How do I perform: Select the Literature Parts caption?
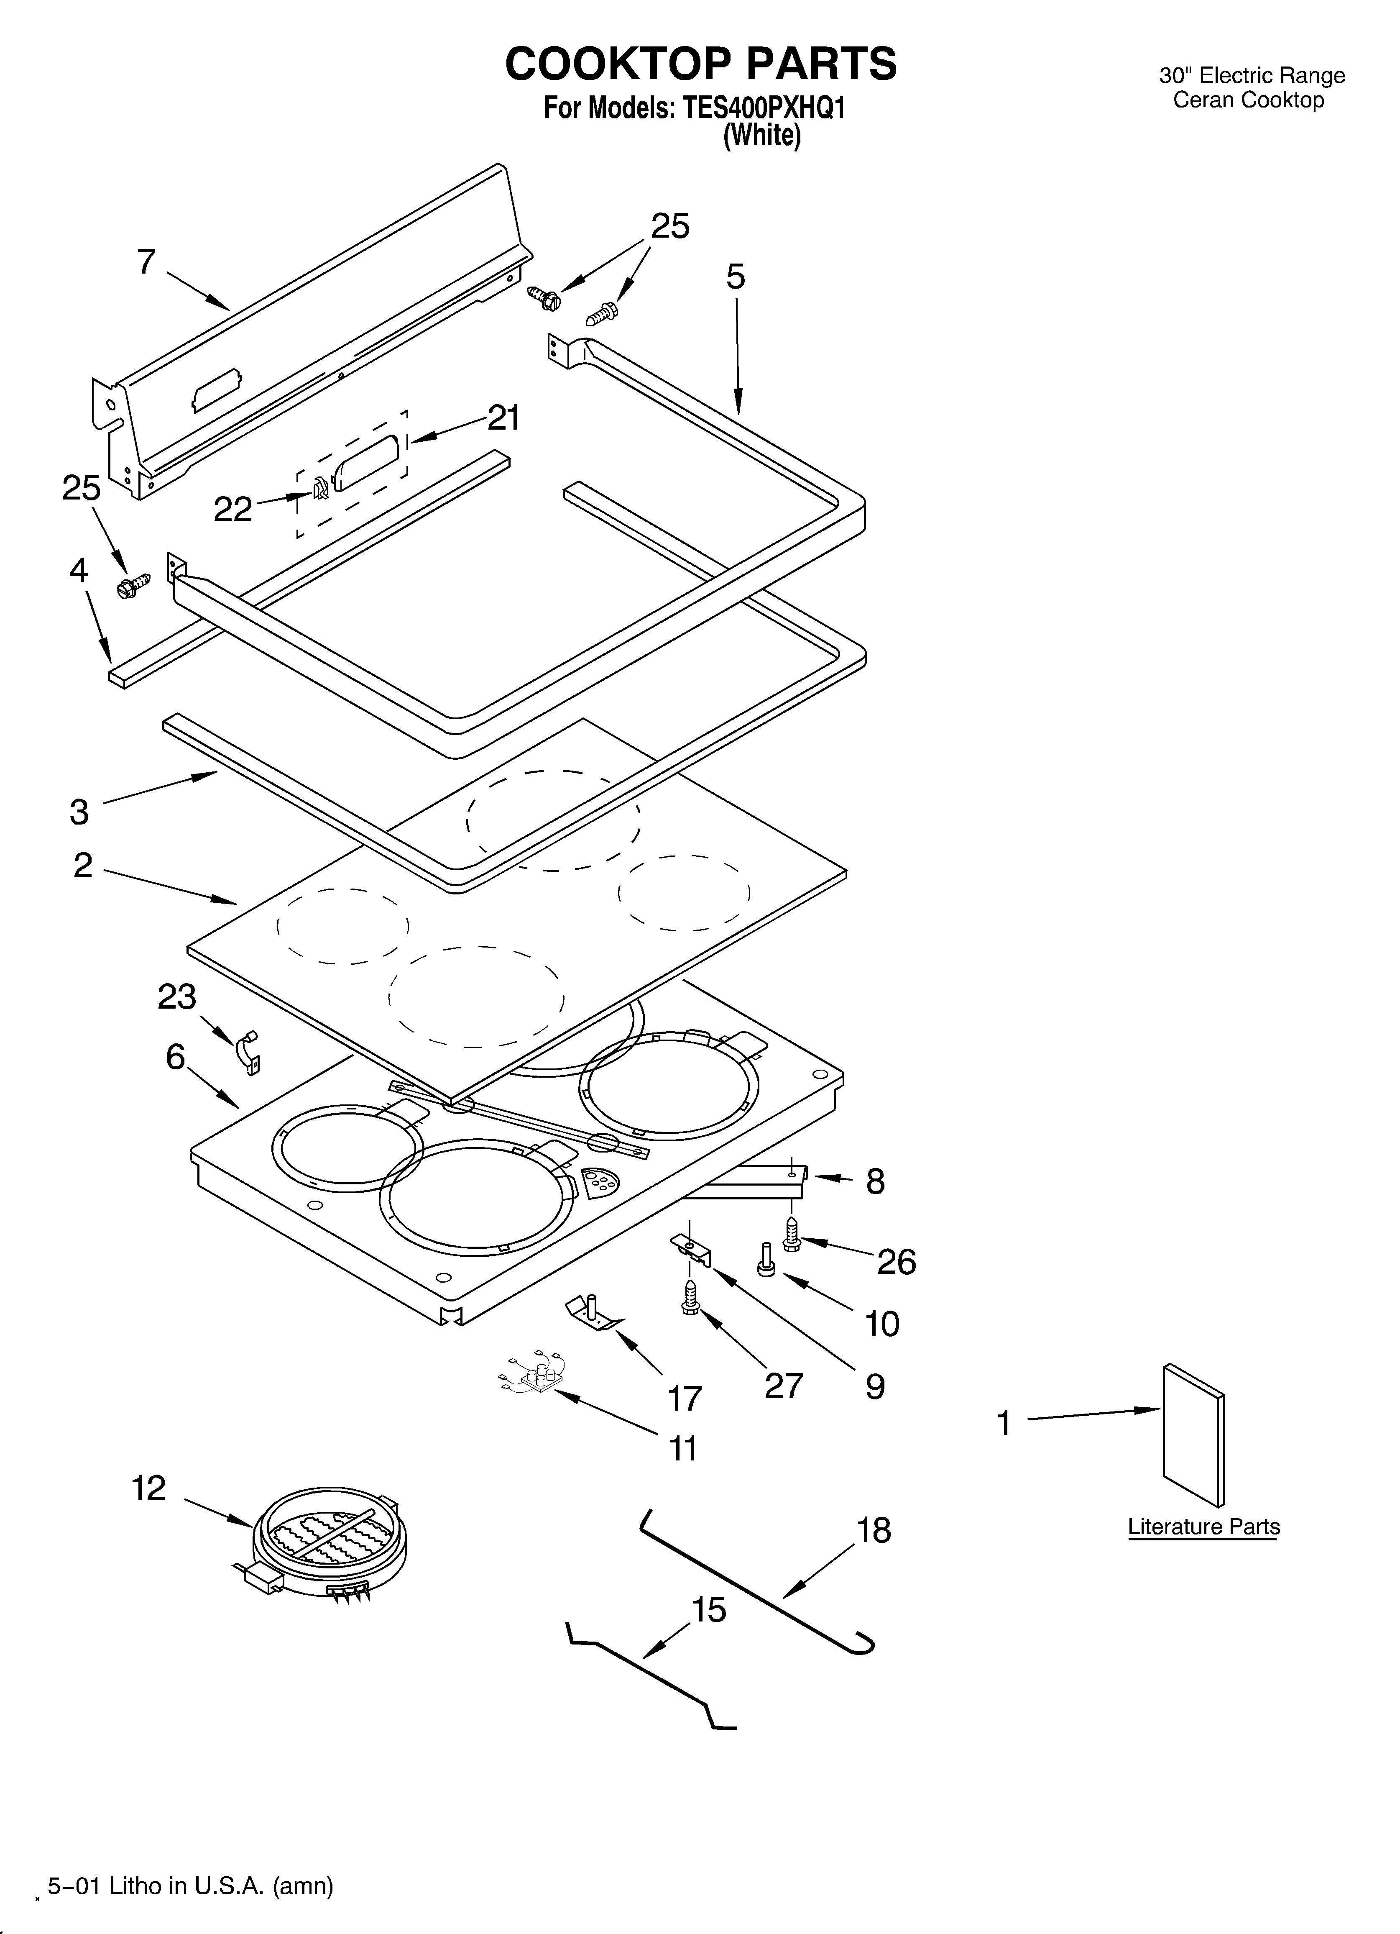[x=1203, y=1527]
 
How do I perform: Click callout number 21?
[x=503, y=418]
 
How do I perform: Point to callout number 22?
[x=233, y=509]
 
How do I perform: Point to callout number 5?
[x=735, y=277]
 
